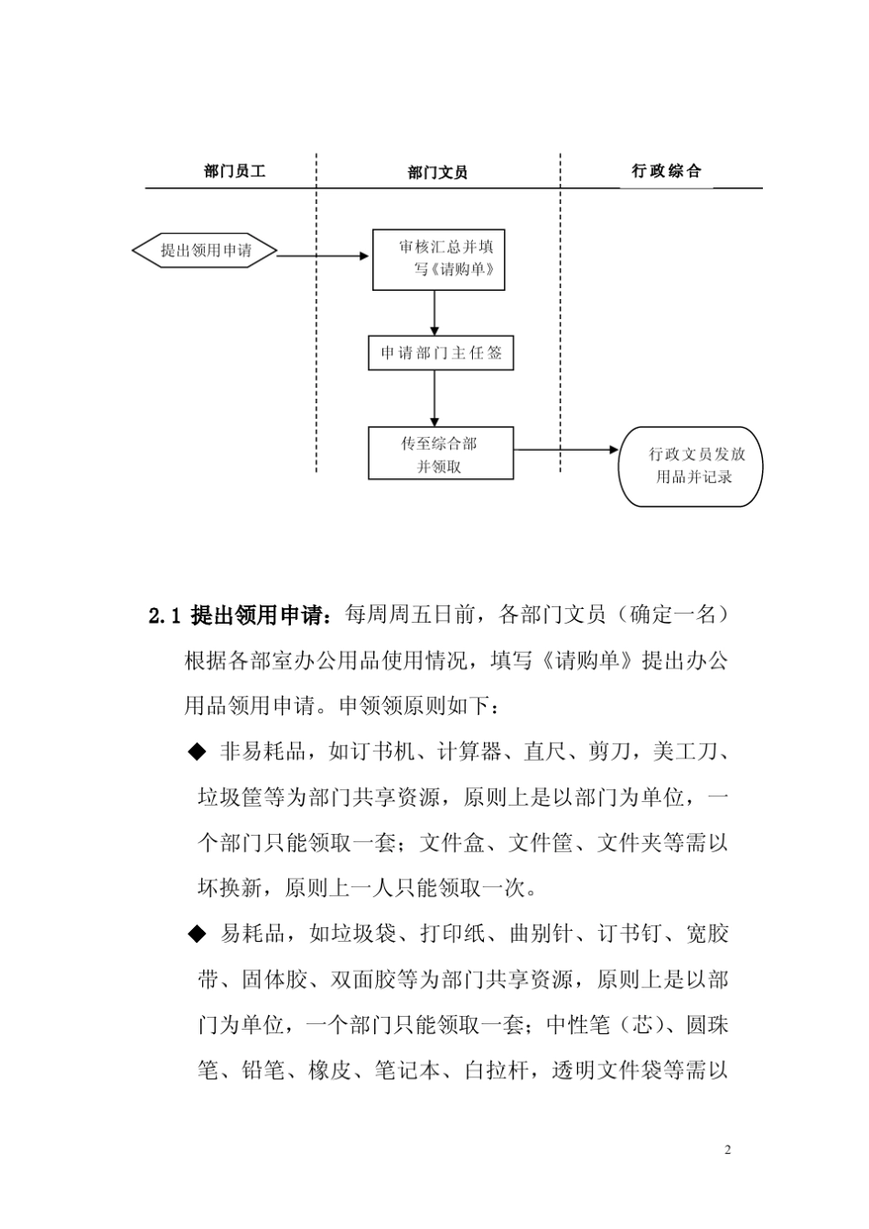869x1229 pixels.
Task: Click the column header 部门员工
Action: pos(235,171)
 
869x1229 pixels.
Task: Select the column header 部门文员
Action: pos(437,172)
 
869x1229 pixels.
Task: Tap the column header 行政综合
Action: pos(666,171)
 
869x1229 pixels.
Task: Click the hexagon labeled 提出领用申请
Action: pos(205,251)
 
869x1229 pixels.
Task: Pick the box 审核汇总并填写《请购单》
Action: pos(439,259)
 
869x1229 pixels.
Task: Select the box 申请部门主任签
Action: pos(441,353)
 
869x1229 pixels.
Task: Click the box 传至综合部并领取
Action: pos(441,454)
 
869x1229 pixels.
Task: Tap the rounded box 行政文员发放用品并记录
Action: pos(693,465)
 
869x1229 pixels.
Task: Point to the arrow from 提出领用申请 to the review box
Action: pos(324,256)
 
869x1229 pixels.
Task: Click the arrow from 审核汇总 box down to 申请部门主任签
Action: pos(434,313)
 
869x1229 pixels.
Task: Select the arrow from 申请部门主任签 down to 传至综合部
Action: pos(434,398)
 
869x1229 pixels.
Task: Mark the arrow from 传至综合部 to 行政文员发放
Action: pos(567,450)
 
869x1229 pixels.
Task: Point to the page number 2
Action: pos(727,1149)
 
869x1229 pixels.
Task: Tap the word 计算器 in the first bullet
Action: pos(469,752)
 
